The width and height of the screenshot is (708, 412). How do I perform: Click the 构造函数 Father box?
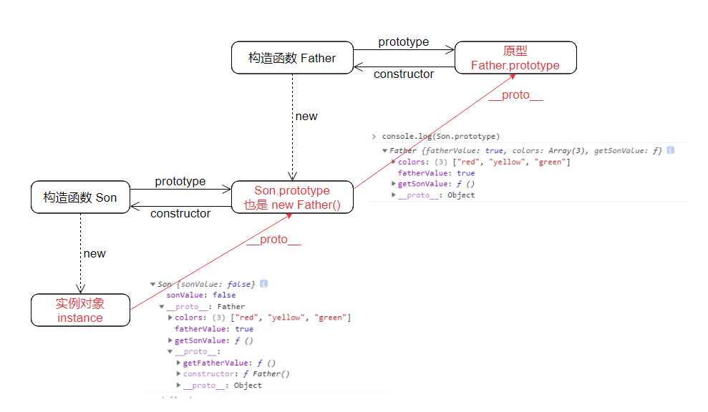click(292, 58)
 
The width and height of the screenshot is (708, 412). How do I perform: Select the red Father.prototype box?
click(515, 58)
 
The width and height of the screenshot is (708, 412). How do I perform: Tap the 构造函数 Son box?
click(79, 197)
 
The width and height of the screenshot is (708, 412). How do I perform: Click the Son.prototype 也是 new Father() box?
click(292, 198)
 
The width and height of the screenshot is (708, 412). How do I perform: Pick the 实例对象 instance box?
click(80, 310)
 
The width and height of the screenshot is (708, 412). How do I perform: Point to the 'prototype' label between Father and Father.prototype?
click(404, 41)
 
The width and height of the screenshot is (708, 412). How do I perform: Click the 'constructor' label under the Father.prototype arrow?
click(404, 74)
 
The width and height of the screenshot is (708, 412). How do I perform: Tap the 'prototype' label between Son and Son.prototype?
click(180, 182)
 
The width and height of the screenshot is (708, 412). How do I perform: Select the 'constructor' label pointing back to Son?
click(180, 213)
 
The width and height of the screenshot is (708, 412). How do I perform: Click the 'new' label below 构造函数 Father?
click(306, 116)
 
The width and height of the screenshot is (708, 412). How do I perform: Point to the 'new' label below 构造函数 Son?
click(94, 253)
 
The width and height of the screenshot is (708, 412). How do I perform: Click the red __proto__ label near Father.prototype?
click(516, 95)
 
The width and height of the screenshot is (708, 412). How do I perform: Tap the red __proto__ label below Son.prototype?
click(274, 240)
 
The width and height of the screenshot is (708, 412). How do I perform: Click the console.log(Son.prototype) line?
click(441, 136)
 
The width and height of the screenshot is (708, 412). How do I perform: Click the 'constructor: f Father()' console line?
click(236, 374)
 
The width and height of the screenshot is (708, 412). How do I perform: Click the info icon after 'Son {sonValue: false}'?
click(263, 284)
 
